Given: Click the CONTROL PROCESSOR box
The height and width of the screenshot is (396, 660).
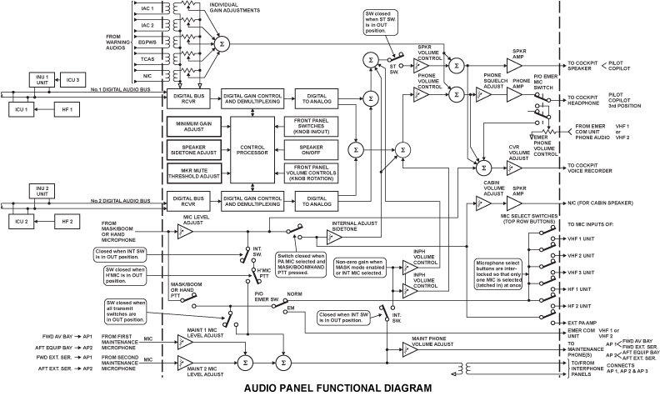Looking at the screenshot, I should click(x=252, y=150).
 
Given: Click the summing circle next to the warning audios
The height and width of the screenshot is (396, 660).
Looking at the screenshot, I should click(x=221, y=42).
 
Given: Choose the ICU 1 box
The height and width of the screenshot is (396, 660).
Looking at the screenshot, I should click(x=21, y=110).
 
